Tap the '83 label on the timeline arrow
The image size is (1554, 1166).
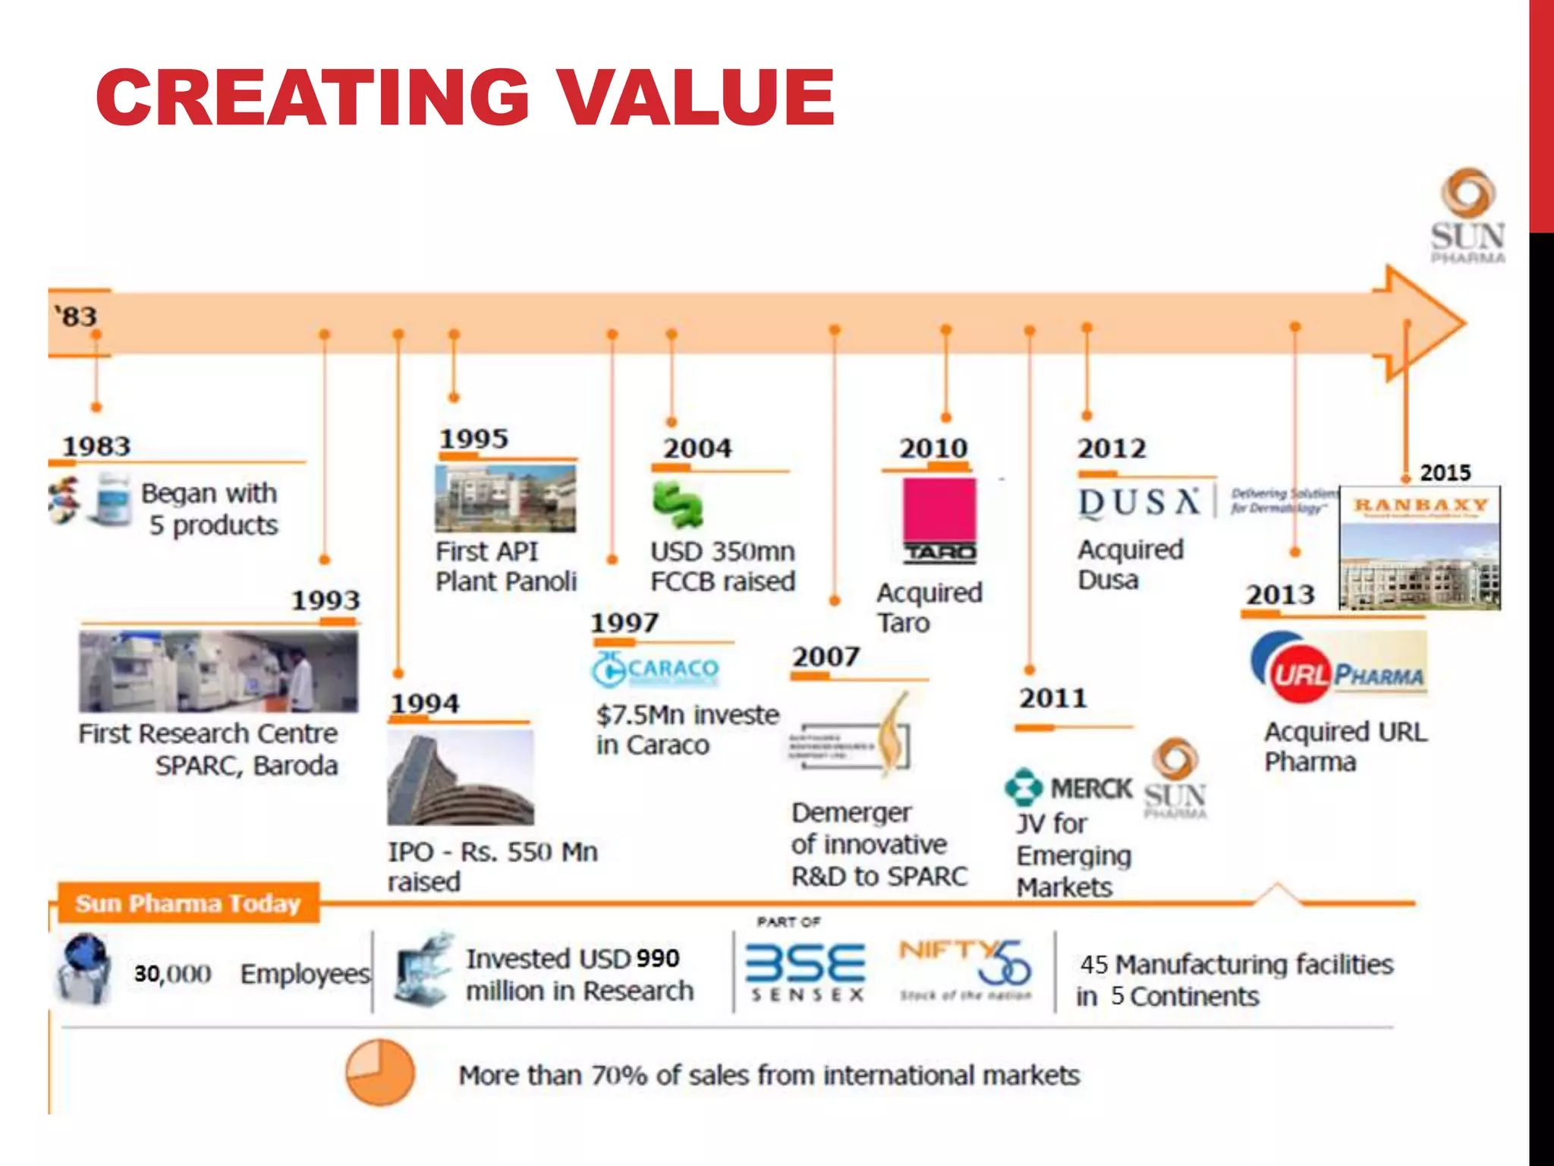point(76,316)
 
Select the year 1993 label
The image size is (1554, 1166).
point(326,600)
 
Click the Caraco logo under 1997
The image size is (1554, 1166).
point(656,669)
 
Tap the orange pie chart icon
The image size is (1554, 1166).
point(380,1072)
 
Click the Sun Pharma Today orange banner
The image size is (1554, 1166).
point(188,903)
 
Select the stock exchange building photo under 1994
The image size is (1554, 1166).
point(461,777)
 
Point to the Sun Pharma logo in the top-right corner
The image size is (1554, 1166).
point(1467,216)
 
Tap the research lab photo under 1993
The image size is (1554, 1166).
point(219,671)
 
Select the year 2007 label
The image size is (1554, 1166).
point(826,656)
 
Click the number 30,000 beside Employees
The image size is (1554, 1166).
point(172,973)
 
